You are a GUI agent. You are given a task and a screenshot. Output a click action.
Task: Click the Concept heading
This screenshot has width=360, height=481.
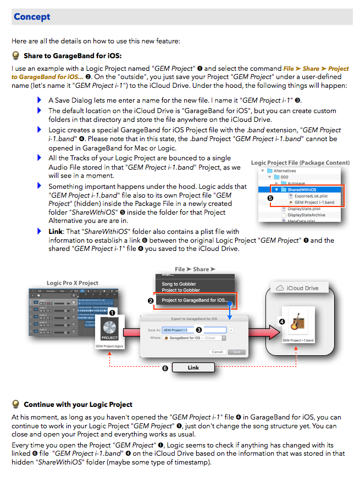(x=32, y=16)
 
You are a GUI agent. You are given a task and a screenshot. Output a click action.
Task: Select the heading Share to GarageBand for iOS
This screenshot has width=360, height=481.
(x=73, y=55)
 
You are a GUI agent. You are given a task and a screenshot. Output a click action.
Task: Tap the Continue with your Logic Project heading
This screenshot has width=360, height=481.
(x=78, y=405)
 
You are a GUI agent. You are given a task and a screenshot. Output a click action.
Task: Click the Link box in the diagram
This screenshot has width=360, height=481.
(x=193, y=367)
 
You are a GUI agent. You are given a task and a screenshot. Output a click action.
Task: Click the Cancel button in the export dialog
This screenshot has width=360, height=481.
(x=218, y=352)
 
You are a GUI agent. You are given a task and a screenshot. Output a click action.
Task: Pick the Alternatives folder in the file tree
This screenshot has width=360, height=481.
(x=285, y=171)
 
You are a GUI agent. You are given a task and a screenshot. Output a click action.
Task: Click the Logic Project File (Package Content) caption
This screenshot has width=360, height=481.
(x=300, y=163)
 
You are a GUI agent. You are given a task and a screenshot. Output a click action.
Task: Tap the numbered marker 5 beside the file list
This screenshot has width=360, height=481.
(x=270, y=198)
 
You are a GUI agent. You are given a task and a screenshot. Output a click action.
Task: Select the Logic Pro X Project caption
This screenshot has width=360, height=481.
(x=73, y=283)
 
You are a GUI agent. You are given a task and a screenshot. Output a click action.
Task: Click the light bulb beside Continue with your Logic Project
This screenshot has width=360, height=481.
(x=16, y=405)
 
